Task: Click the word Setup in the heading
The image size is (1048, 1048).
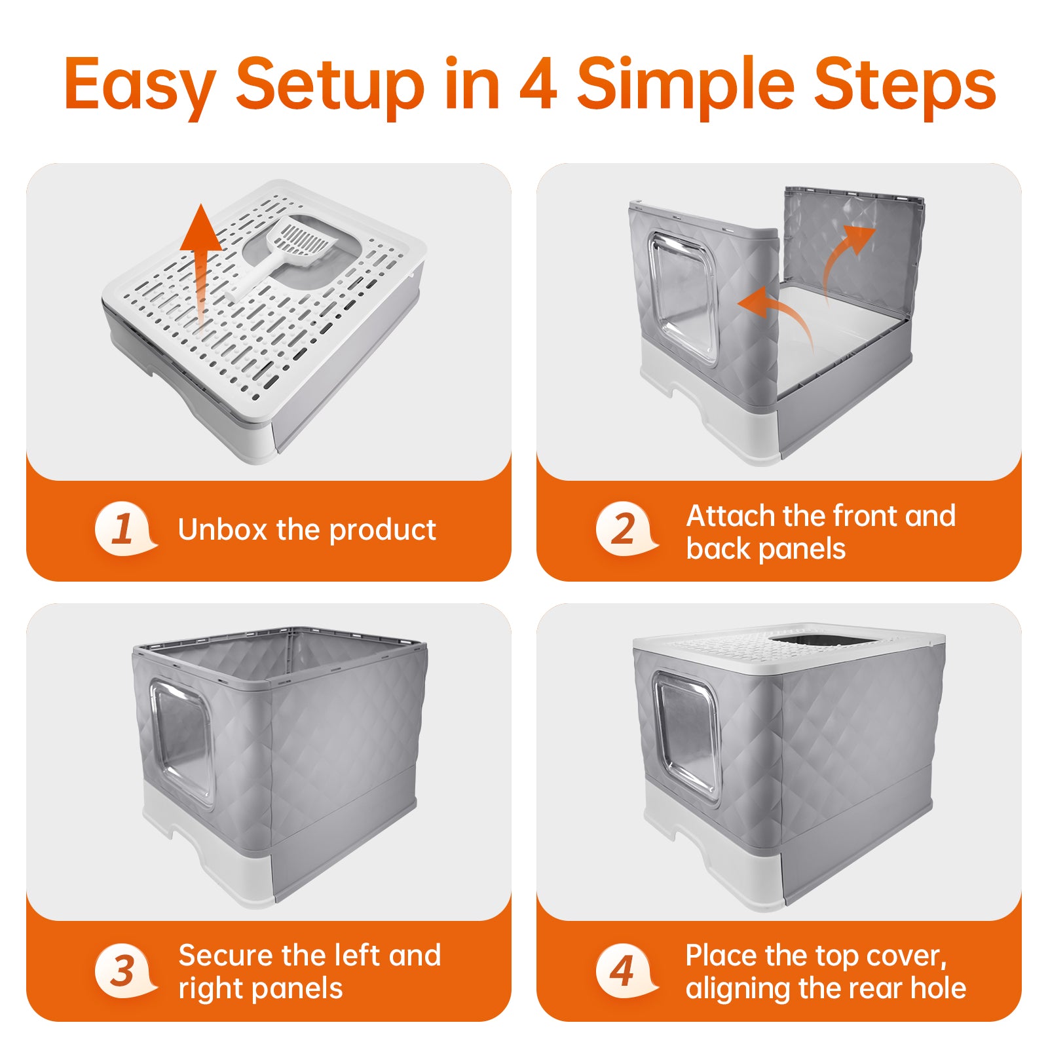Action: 331,85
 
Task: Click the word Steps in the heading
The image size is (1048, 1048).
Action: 906,85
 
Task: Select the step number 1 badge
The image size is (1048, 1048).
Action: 124,528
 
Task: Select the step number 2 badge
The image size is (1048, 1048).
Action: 626,528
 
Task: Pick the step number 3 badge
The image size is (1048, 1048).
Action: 124,969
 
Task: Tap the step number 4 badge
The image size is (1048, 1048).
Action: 626,969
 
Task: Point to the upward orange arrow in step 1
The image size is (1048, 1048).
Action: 201,262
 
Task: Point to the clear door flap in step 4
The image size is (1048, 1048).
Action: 686,737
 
